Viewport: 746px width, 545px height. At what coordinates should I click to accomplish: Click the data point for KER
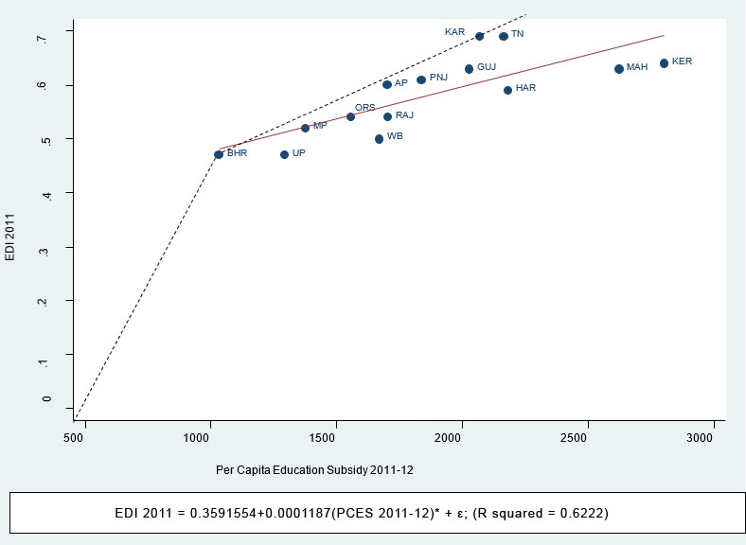664,63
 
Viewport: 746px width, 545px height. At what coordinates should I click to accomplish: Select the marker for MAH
619,69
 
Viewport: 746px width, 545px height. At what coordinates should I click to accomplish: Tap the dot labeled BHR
219,154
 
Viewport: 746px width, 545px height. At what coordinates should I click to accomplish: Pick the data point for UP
284,154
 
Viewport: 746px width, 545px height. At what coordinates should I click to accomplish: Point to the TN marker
504,36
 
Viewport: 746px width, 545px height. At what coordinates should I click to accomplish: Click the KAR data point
479,36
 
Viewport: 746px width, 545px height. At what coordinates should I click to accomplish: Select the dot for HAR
507,90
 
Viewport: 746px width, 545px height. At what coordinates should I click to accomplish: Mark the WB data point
379,139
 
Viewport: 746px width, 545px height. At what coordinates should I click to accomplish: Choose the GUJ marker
469,69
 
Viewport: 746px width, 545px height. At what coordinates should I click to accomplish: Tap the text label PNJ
438,78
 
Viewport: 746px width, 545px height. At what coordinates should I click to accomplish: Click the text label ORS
365,108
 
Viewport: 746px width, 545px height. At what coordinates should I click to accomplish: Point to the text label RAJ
404,115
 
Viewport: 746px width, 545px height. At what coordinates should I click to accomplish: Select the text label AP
401,83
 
